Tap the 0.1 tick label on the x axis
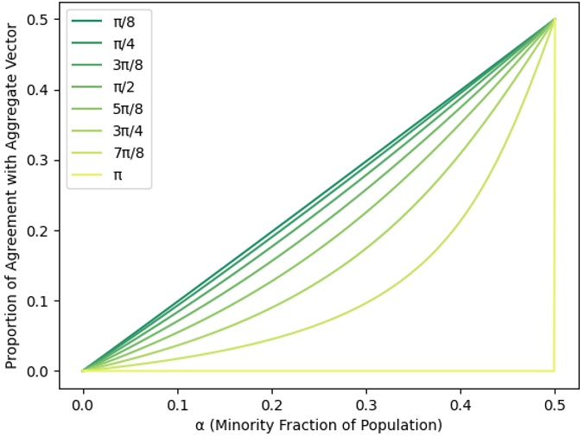[177, 404]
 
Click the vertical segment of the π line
[554, 199]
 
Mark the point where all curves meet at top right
[554, 18]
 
